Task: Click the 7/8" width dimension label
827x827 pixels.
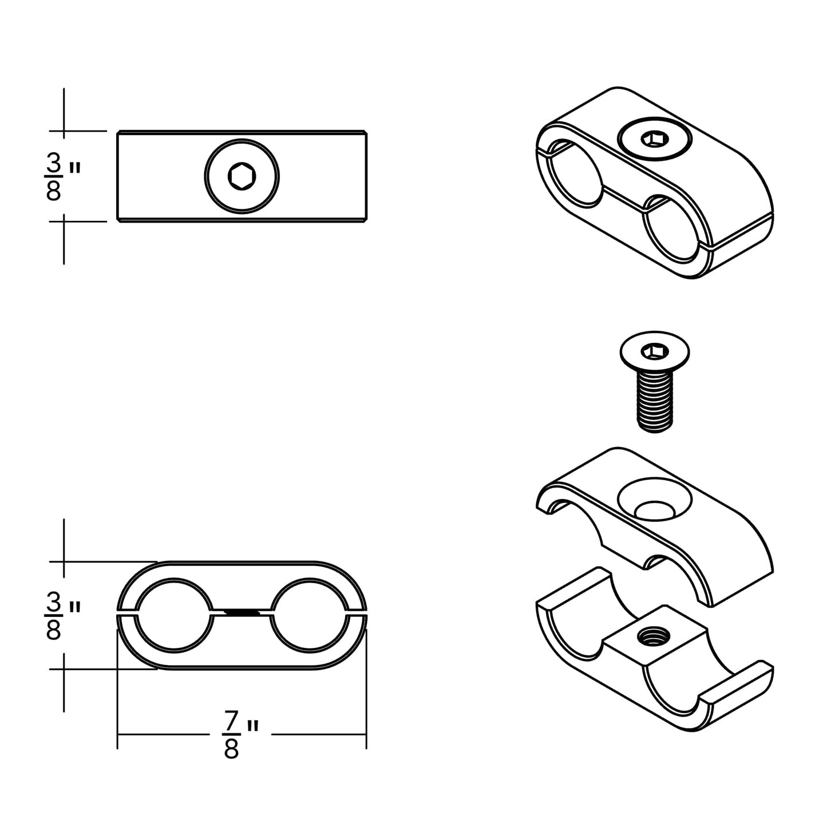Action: (239, 734)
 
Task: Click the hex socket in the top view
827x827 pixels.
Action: (242, 176)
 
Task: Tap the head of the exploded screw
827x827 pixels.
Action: (655, 350)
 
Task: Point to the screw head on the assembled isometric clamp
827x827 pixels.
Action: (655, 139)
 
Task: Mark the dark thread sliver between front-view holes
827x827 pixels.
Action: (242, 612)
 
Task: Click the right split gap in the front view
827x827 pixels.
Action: (356, 614)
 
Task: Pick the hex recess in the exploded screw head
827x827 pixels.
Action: (655, 349)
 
